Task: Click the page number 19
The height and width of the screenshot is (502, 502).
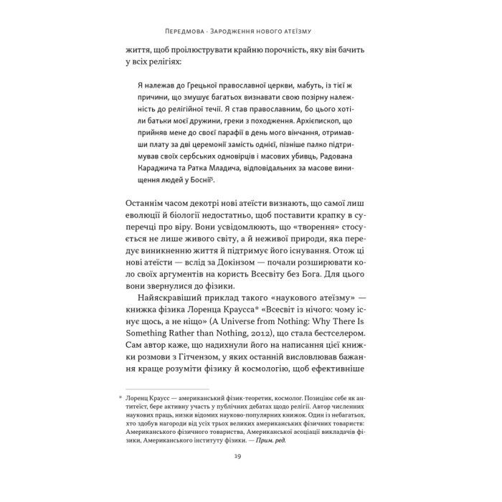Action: pyautogui.click(x=250, y=460)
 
